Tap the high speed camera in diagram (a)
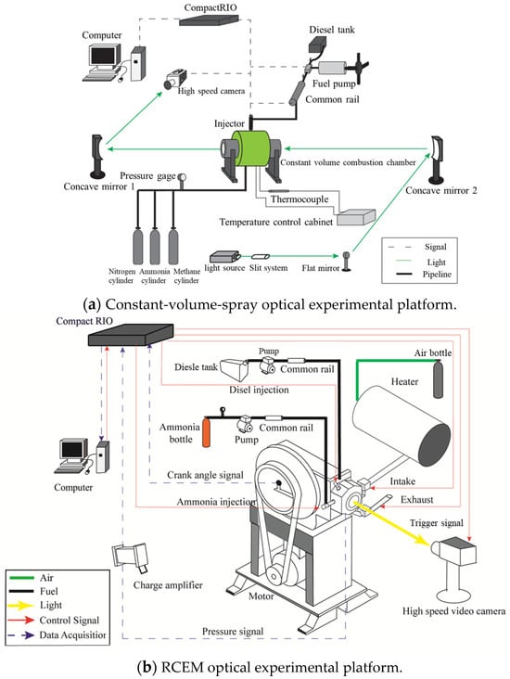tap(175, 80)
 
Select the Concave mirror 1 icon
tap(97, 157)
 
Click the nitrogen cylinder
tap(137, 246)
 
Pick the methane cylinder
tap(173, 246)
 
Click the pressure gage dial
tap(182, 177)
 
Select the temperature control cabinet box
tap(356, 217)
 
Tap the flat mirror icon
tap(346, 262)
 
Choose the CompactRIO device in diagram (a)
tap(209, 19)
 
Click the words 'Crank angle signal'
tap(205, 475)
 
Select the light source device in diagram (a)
tap(224, 257)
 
